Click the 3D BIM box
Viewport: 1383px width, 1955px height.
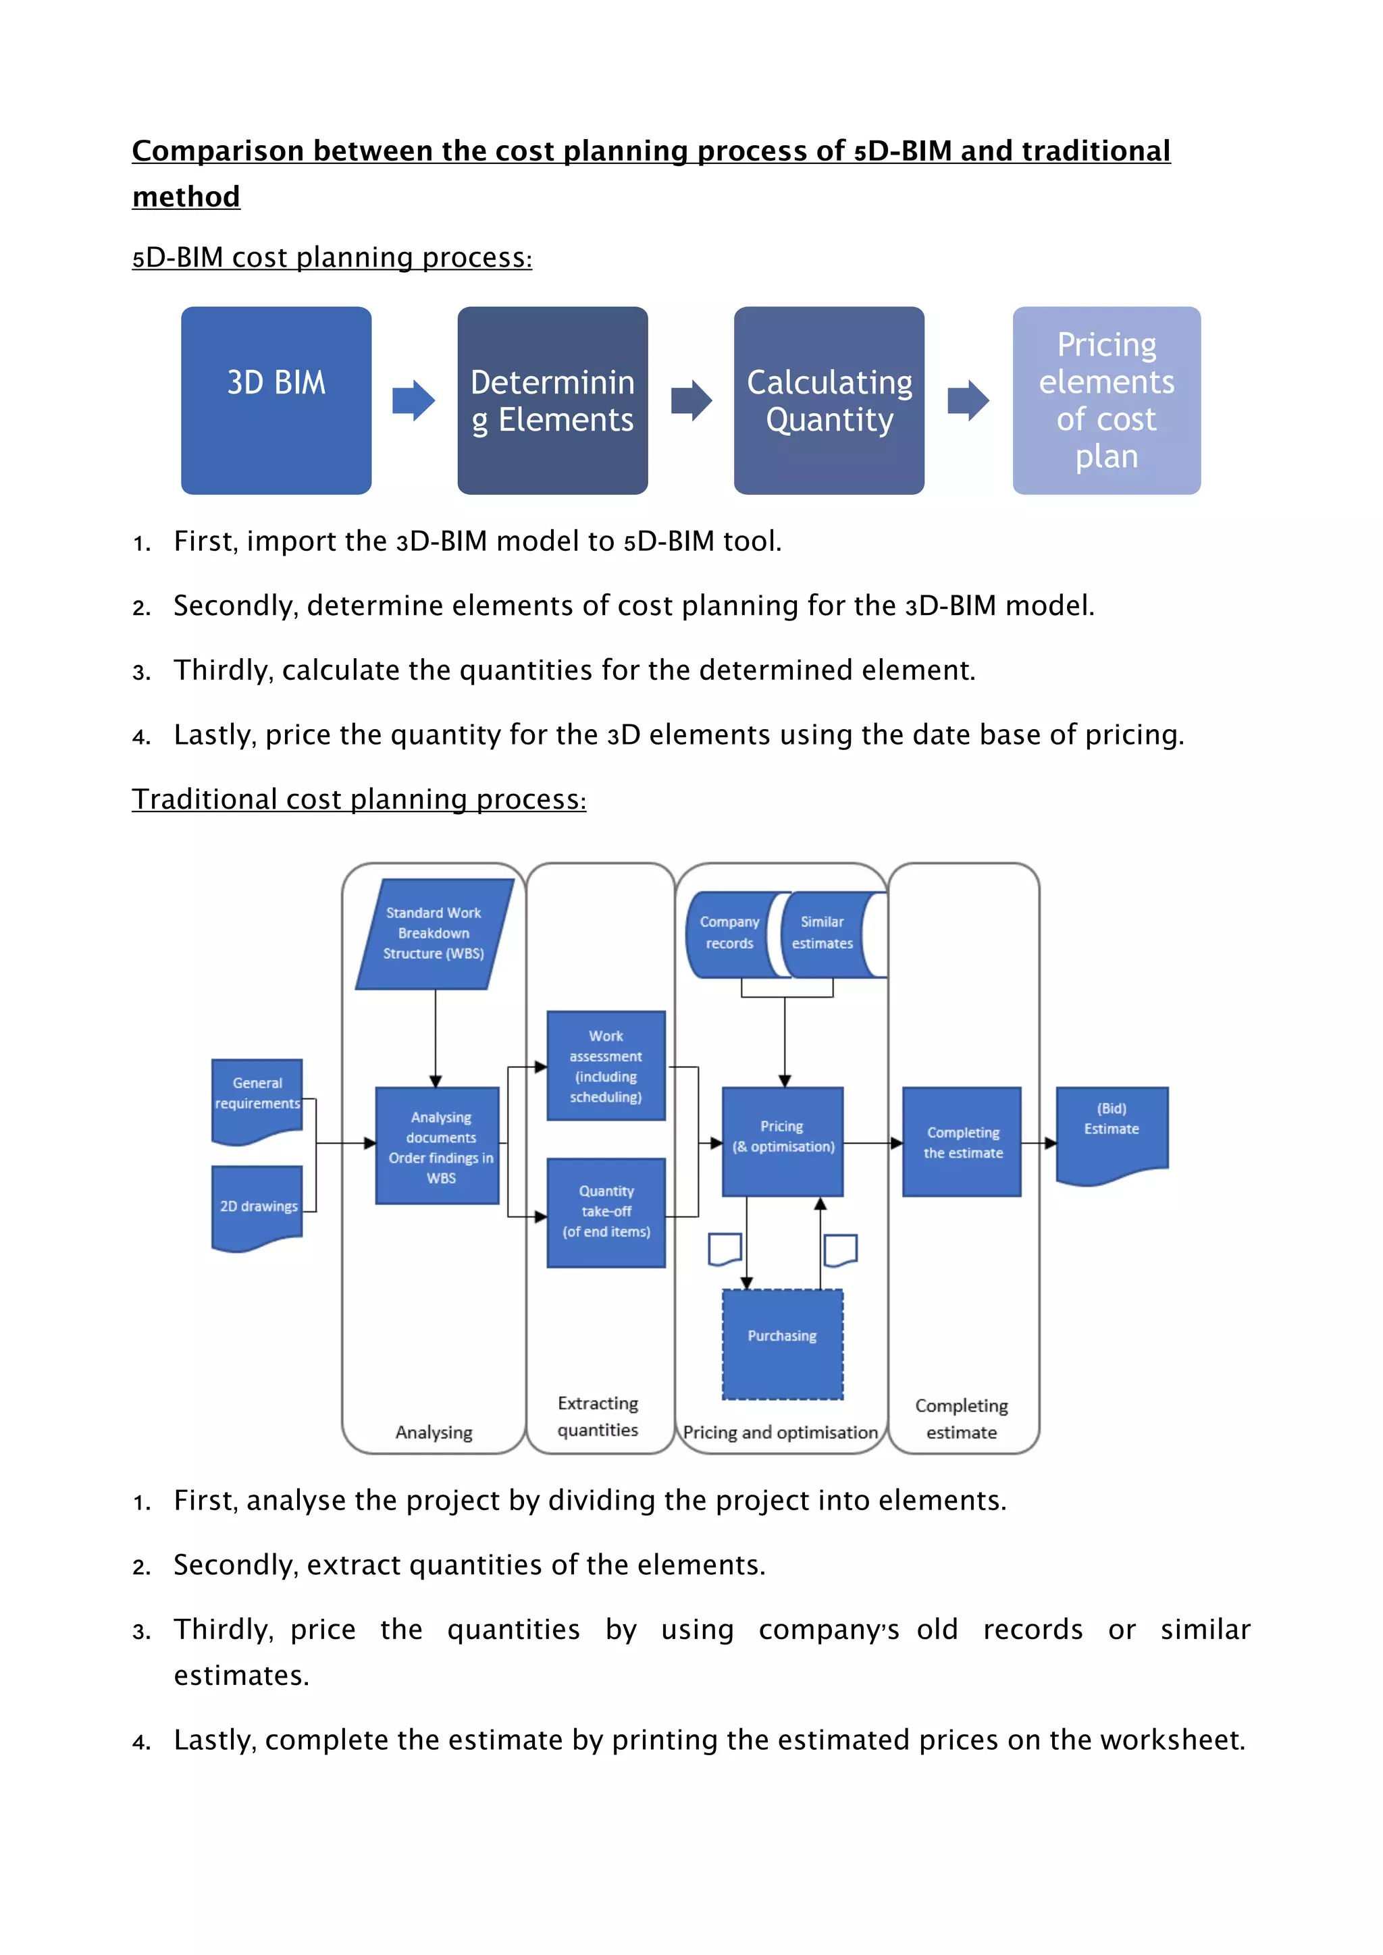[276, 400]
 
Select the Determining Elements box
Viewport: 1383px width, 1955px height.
[552, 400]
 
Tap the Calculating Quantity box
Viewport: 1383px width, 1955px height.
[829, 400]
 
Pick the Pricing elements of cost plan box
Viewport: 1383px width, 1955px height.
[1106, 400]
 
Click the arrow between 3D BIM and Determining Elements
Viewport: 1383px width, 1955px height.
[414, 400]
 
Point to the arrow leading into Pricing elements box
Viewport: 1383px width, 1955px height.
[968, 400]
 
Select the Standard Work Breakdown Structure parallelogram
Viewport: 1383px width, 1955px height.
[434, 934]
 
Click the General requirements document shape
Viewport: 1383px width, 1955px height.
[257, 1098]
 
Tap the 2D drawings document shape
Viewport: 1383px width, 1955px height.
[257, 1206]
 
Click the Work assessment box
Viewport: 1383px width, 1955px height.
[606, 1065]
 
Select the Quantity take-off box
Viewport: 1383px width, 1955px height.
[606, 1212]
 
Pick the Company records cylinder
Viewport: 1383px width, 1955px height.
[729, 934]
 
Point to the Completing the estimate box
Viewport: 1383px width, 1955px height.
[962, 1142]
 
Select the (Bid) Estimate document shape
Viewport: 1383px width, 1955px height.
[1112, 1130]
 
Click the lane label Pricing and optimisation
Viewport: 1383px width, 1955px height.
[779, 1432]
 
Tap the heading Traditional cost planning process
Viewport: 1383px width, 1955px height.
[359, 799]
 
